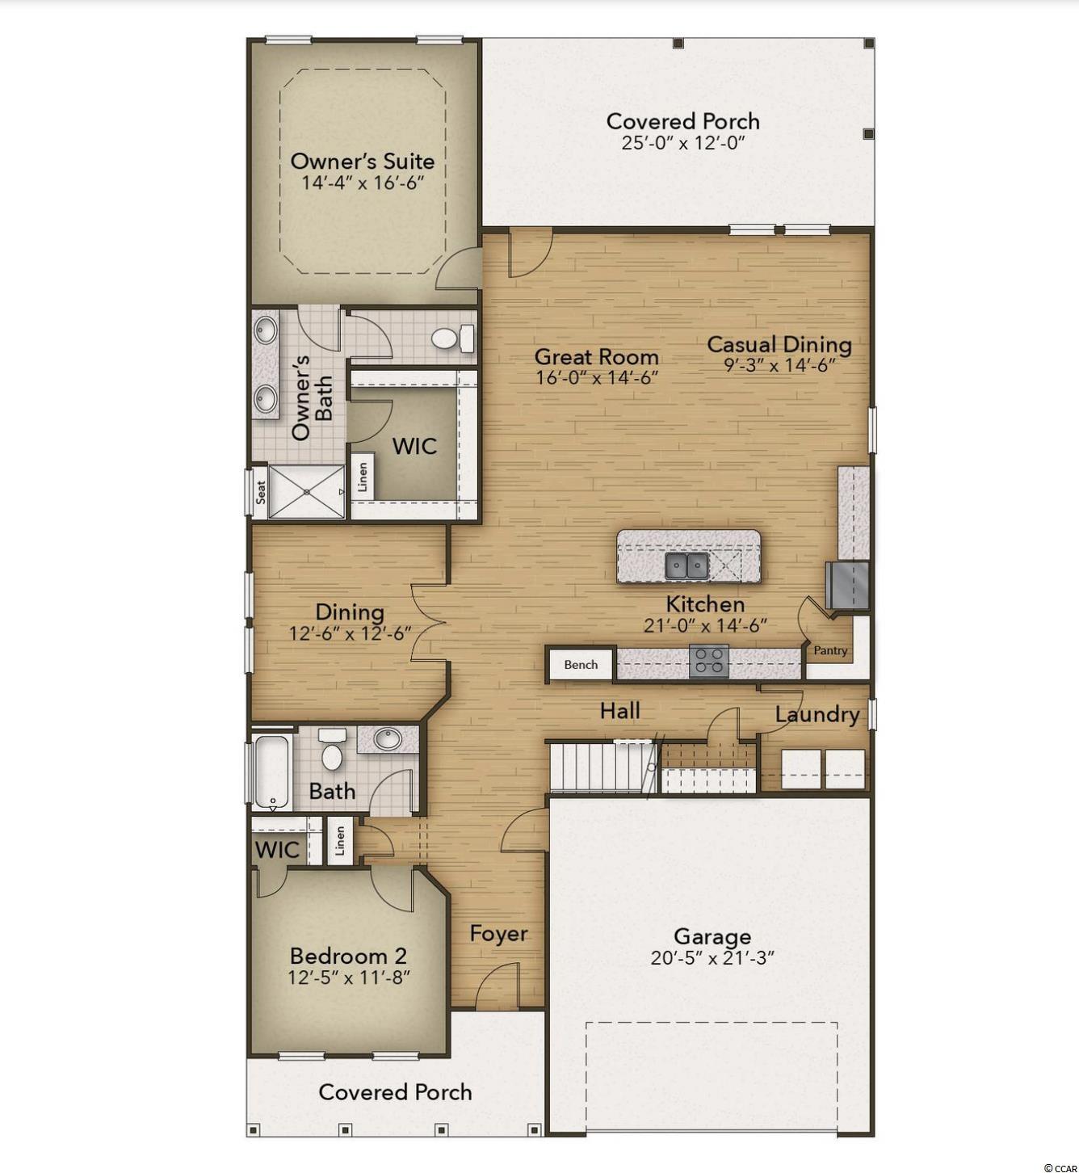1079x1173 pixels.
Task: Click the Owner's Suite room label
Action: tap(362, 162)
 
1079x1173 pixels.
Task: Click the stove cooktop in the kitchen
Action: tap(708, 661)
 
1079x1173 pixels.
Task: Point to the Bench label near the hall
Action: tap(581, 664)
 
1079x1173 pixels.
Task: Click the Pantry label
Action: tap(830, 651)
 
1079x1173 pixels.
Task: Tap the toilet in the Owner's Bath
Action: tap(453, 338)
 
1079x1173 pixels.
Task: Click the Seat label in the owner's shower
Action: tap(261, 491)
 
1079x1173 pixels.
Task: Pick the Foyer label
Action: tap(498, 933)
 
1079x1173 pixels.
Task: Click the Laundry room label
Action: tap(817, 715)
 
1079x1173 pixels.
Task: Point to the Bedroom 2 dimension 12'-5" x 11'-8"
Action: tap(348, 977)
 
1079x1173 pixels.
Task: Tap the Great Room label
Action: tap(597, 357)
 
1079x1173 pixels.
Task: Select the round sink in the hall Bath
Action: tap(387, 739)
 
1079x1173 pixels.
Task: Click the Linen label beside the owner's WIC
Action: tap(363, 477)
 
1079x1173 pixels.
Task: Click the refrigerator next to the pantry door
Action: tap(846, 586)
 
